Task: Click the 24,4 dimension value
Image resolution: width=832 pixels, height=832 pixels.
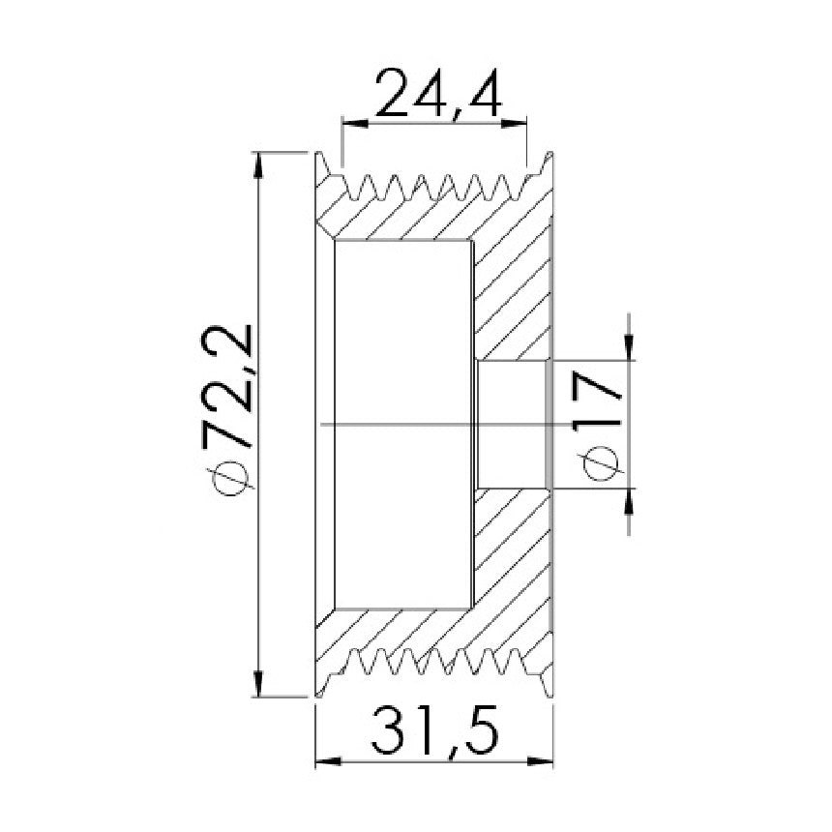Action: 438,92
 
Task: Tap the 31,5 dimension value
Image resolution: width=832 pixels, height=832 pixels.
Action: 434,730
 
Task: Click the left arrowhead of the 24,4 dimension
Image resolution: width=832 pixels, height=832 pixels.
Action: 355,124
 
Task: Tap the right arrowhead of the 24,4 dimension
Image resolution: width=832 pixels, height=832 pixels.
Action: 514,124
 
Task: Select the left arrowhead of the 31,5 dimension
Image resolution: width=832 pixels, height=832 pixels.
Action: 329,762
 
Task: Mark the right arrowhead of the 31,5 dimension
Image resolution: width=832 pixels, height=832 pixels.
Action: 540,762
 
